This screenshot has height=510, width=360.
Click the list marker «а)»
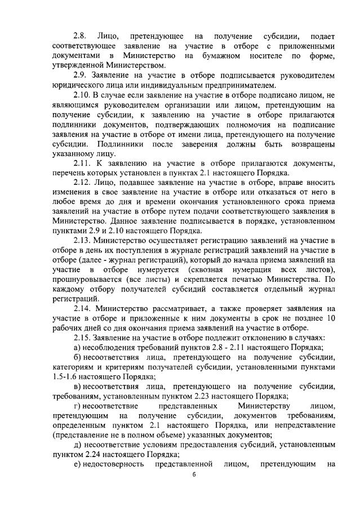coord(78,348)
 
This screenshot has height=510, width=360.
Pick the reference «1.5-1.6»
coord(66,376)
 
